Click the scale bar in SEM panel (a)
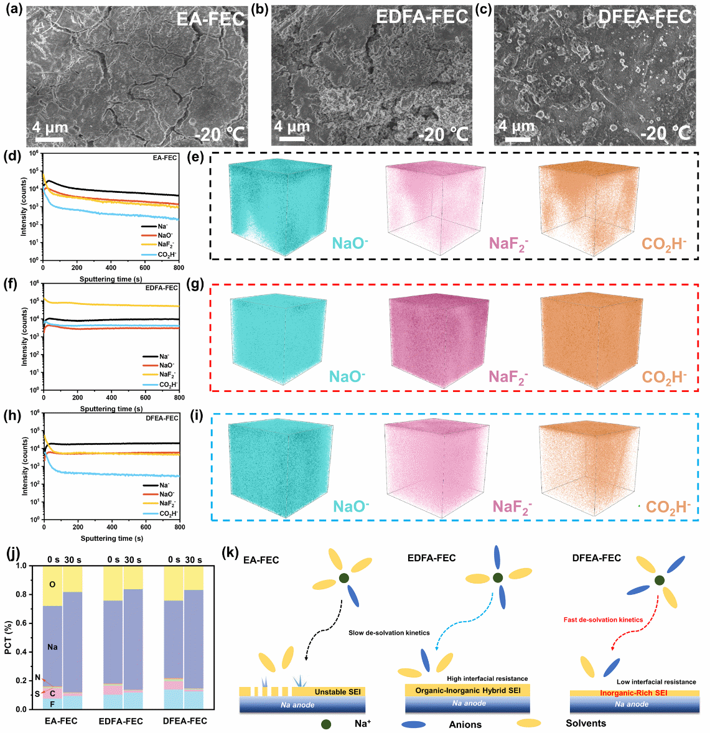click(50, 138)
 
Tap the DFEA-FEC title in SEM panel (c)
click(645, 17)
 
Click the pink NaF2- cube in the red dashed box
click(436, 339)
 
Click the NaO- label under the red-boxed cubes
click(347, 376)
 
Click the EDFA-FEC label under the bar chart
click(121, 721)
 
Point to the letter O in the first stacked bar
click(52, 584)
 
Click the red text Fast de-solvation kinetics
click(603, 620)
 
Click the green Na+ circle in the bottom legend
click(326, 724)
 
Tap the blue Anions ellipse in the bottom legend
click(414, 724)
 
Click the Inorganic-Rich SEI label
click(633, 693)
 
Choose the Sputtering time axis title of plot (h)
click(111, 538)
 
